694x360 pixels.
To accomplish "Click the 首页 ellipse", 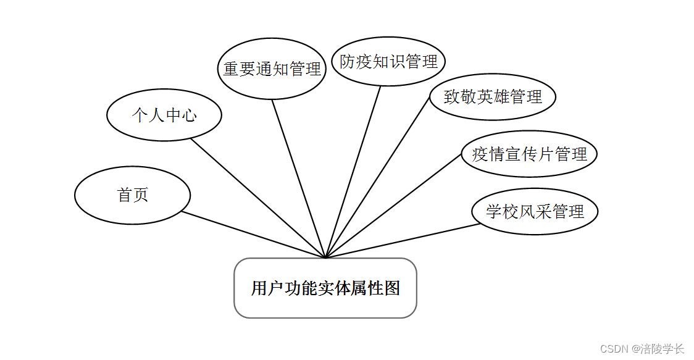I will point(132,195).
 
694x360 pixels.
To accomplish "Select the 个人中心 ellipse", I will point(164,115).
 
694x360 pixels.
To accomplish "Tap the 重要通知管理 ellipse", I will point(272,69).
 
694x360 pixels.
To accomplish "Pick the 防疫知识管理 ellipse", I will point(388,61).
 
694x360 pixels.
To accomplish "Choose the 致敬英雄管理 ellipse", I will point(492,96).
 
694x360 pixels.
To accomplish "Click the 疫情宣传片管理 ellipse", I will point(529,154).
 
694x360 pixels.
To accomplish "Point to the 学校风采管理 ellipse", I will point(535,211).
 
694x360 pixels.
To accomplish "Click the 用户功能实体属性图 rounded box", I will point(325,288).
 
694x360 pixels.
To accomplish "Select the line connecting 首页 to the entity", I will point(253,235).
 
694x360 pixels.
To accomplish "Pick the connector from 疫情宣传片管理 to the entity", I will point(393,205).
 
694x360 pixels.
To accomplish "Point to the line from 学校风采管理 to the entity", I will point(403,240).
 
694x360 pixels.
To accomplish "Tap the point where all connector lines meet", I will point(325,257).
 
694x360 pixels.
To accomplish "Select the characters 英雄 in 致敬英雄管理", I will point(493,96).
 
